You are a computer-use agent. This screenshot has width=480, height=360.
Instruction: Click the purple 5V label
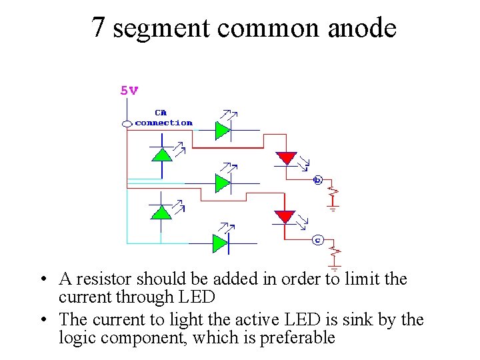(129, 91)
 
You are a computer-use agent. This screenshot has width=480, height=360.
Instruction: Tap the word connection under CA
(163, 123)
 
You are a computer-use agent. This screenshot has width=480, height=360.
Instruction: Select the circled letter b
(317, 180)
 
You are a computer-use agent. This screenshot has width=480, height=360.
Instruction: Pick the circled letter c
(317, 239)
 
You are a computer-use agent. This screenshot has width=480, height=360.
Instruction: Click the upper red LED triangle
(287, 158)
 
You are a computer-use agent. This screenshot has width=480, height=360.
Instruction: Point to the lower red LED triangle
(285, 217)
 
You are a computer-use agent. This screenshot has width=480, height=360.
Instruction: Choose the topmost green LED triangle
(222, 130)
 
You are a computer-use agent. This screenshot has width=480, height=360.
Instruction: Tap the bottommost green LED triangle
(220, 243)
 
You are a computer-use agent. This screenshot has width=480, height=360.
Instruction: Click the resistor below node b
(333, 194)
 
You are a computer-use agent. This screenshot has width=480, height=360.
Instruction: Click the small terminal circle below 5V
(127, 123)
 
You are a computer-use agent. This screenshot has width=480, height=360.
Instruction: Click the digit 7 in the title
(98, 28)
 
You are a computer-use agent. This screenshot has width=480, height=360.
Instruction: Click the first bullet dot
(42, 279)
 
